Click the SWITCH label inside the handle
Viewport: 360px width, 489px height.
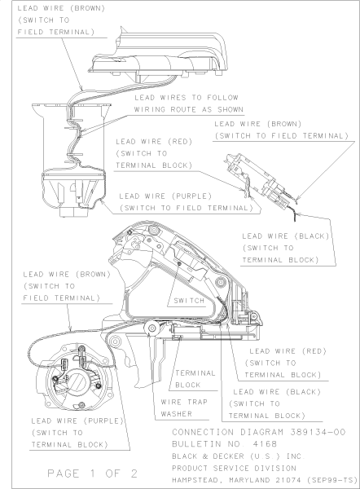tap(189, 301)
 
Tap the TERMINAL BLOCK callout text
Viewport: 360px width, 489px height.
tap(195, 379)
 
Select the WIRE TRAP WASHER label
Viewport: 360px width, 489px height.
tap(184, 408)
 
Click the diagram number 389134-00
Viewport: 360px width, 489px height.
tap(318, 432)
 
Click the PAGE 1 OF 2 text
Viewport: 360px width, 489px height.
tap(93, 474)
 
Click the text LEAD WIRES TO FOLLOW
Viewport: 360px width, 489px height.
tap(187, 98)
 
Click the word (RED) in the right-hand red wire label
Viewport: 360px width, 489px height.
tap(314, 351)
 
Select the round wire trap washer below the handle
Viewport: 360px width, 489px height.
tap(152, 328)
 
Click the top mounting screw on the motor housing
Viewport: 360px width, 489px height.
tap(81, 348)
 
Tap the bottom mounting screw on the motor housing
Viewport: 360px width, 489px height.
tap(81, 405)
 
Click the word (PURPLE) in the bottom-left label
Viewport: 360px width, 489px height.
tap(103, 421)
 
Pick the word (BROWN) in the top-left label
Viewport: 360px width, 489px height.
tap(88, 8)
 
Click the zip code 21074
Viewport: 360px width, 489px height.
tap(288, 480)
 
